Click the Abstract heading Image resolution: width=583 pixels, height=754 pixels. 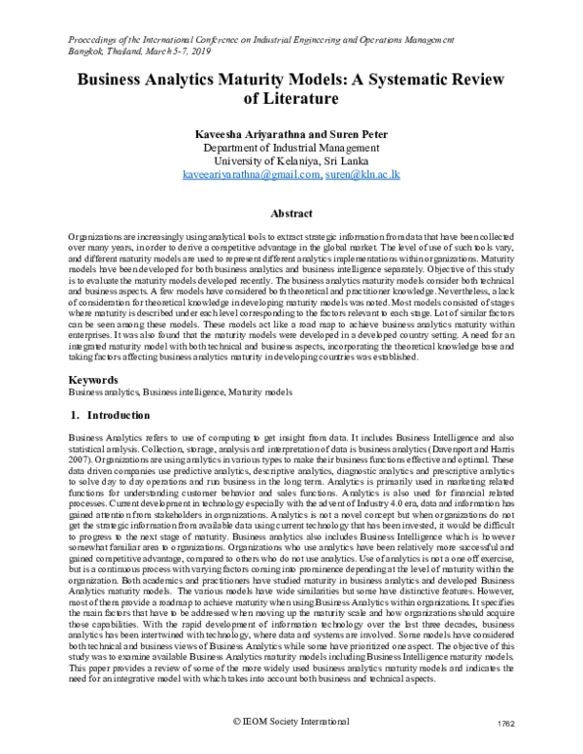point(291,214)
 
